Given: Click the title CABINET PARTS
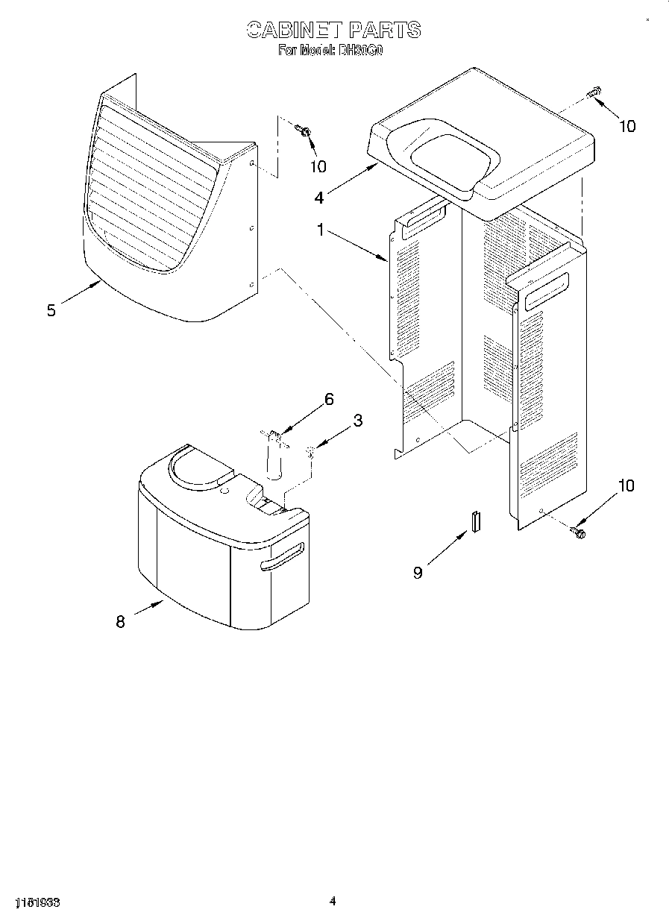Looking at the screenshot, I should click(333, 30).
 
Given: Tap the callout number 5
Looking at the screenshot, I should click(51, 311).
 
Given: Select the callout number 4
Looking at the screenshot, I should click(319, 198).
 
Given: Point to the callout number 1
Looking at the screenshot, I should click(321, 231).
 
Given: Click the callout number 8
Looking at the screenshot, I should click(120, 621).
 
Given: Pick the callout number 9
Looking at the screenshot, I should click(418, 572).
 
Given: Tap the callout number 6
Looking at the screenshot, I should click(328, 399).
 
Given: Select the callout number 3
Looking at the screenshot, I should click(357, 421).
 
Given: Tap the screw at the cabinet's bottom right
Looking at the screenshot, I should click(578, 531).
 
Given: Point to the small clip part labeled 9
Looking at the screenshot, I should click(475, 521).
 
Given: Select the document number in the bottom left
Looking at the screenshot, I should click(37, 902).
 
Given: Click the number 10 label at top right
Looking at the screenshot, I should click(627, 126).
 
